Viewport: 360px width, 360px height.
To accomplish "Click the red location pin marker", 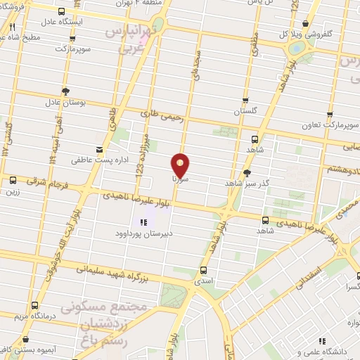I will click(x=181, y=165).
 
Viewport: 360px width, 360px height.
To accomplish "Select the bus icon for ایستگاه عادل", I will click(x=62, y=12).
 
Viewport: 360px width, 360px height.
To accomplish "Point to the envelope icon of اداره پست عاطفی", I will click(x=99, y=148).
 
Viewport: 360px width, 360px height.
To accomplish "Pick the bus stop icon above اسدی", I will click(x=204, y=269).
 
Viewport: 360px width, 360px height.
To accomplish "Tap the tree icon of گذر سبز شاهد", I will click(x=247, y=172).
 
